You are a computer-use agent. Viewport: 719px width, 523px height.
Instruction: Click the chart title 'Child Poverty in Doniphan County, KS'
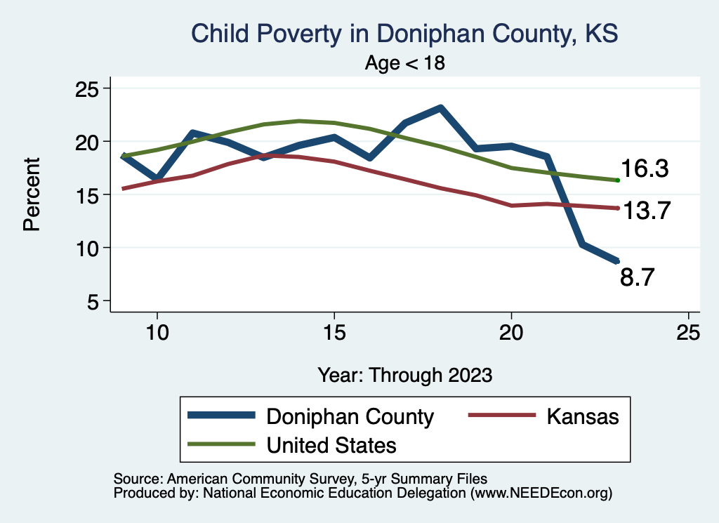(x=404, y=34)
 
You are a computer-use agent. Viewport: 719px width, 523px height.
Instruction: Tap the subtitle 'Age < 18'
(x=405, y=62)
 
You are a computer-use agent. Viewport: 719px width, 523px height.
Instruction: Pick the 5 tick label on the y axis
(x=92, y=301)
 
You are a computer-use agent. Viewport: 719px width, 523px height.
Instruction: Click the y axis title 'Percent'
(x=31, y=194)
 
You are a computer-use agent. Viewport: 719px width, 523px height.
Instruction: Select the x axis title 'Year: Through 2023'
(x=404, y=375)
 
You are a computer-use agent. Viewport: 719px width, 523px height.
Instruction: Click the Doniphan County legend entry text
(x=350, y=416)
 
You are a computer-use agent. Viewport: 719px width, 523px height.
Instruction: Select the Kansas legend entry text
(x=583, y=416)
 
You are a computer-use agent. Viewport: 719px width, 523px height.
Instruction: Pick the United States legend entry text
(x=331, y=445)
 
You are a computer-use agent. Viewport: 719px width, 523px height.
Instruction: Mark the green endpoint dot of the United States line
(x=617, y=180)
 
